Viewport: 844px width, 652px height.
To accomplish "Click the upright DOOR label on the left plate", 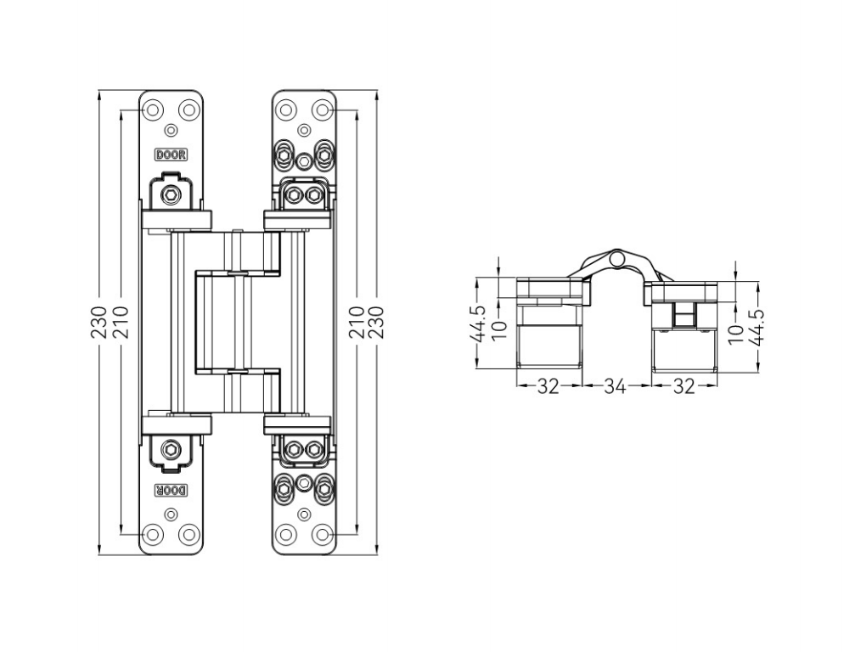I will coord(171,155).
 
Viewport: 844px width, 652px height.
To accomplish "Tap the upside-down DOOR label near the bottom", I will coord(171,490).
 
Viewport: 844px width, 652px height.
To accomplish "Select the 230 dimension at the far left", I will coord(99,323).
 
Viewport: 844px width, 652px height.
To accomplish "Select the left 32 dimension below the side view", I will coord(549,386).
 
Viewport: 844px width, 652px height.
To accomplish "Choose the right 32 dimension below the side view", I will coord(683,386).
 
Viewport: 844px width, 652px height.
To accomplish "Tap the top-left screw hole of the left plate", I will coord(153,110).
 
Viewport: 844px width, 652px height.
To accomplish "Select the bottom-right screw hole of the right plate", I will coord(321,535).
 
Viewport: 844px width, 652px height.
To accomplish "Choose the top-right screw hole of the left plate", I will coord(188,110).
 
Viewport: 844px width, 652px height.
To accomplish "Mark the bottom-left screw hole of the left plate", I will coord(153,535).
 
